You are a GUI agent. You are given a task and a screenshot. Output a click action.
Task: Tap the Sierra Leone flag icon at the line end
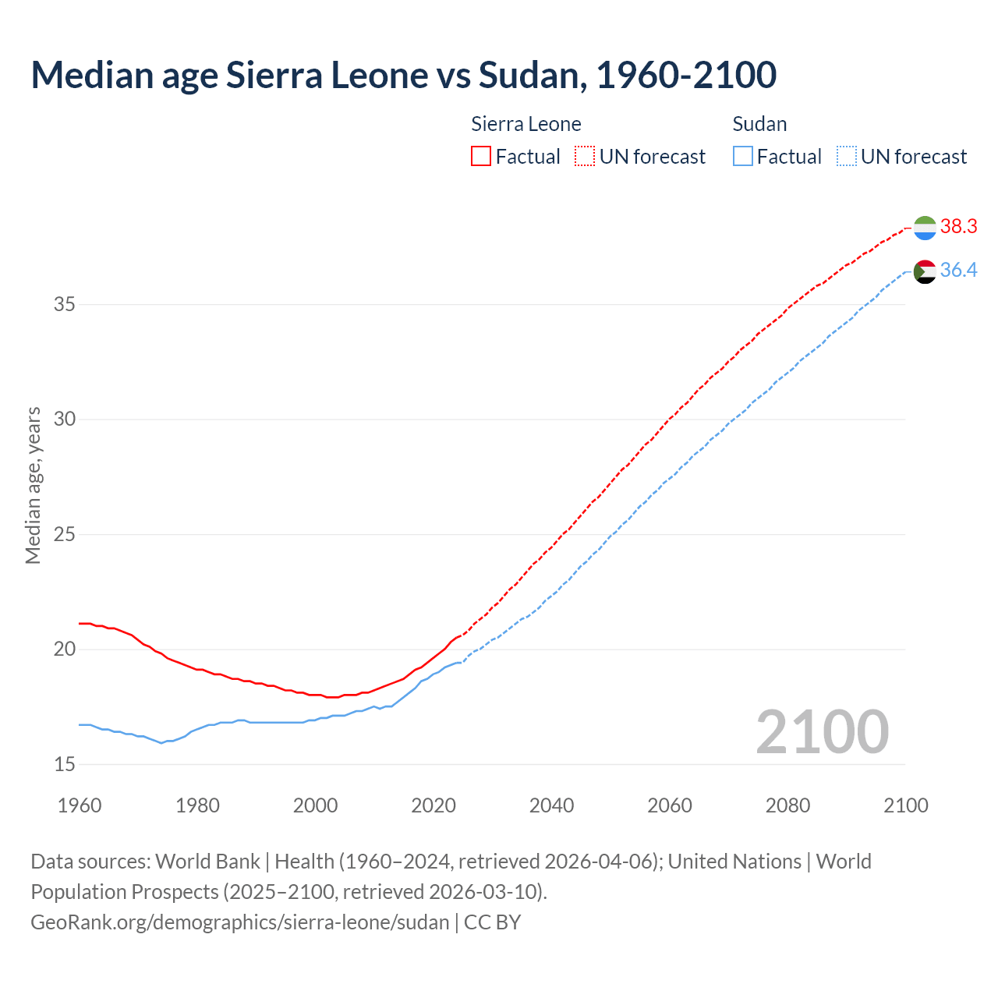(x=925, y=228)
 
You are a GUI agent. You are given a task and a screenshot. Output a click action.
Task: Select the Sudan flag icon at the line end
(x=925, y=271)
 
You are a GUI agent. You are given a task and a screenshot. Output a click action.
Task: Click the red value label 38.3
(x=958, y=227)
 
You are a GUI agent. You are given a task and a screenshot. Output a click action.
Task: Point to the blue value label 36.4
(x=958, y=271)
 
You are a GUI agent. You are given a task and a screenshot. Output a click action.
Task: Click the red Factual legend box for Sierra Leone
(x=481, y=156)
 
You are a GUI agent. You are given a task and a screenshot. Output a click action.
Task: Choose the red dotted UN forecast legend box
(x=585, y=156)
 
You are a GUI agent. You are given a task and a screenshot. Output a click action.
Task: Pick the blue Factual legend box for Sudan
(x=743, y=156)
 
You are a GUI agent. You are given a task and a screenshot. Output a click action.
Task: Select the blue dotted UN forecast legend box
(x=847, y=156)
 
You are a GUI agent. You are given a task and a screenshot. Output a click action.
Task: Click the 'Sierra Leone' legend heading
(x=526, y=124)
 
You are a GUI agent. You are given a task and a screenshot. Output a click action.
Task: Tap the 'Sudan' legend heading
(x=759, y=124)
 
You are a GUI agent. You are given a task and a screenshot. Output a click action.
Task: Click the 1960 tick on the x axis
(x=80, y=805)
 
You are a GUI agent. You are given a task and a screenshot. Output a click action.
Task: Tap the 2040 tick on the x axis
(x=551, y=805)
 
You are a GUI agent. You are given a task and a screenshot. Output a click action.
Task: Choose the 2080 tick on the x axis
(x=787, y=805)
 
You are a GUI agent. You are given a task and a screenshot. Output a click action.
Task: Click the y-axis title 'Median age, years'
(x=33, y=485)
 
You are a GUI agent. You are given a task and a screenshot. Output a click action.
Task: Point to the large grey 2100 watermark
(x=822, y=731)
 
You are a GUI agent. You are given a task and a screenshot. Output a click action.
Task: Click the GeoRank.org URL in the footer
(x=239, y=922)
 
